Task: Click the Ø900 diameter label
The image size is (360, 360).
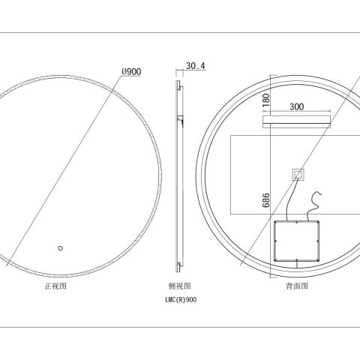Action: coord(131,72)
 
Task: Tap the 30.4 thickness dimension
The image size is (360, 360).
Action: coord(195,66)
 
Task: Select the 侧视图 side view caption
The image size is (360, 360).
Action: coord(180,286)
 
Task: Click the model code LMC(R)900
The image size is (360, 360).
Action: coord(180,299)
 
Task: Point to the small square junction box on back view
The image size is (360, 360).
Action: coord(298,175)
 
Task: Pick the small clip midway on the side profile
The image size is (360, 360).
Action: coord(179,118)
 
